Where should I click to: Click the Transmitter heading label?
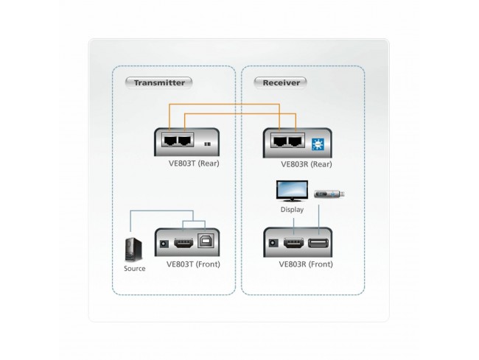coord(158,82)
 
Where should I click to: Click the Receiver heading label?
coord(281,82)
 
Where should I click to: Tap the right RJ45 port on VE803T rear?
coord(185,139)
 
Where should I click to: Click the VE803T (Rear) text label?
coord(193,163)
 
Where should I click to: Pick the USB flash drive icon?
coord(330,194)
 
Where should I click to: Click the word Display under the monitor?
coord(292,210)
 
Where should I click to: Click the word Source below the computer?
coord(134,269)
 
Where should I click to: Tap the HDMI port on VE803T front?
coord(183,243)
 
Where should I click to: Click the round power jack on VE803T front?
coord(164,243)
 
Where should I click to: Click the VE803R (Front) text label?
coord(305,264)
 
